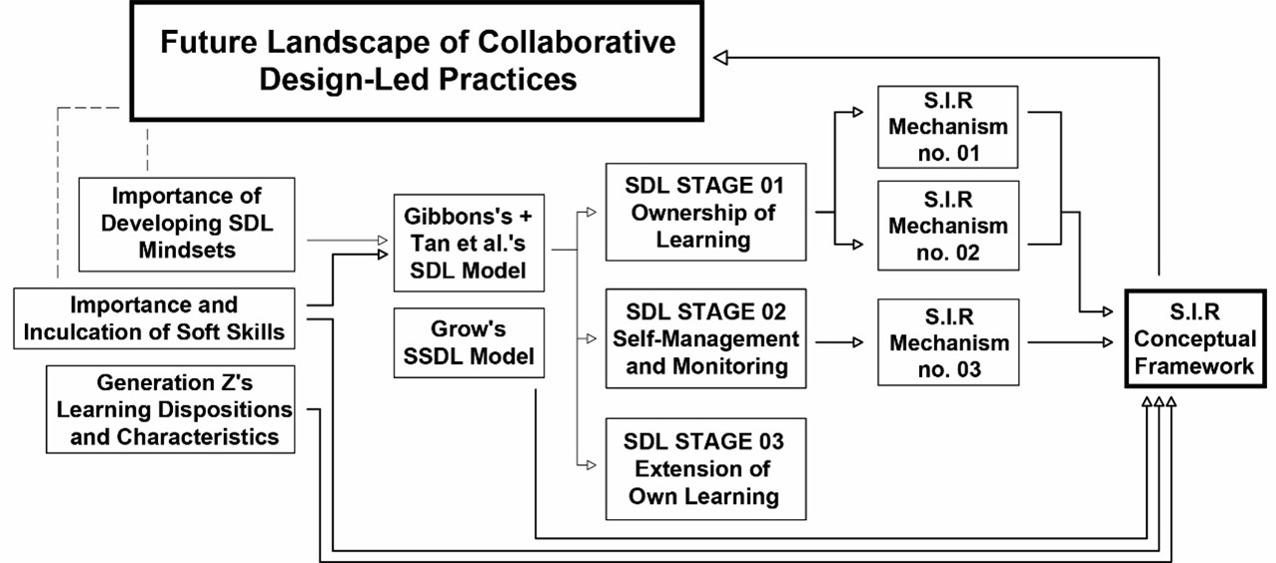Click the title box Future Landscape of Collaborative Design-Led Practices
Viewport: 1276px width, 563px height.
[418, 60]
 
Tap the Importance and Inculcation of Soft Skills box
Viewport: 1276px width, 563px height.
[155, 318]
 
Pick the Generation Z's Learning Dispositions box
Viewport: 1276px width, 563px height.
[170, 409]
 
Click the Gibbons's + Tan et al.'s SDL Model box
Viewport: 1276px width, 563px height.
[470, 243]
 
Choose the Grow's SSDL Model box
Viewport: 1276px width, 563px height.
[470, 342]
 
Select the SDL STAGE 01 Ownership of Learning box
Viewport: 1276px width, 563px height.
[705, 212]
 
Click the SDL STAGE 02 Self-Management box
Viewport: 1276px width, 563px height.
[705, 338]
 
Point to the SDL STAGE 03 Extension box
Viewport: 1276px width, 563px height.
[705, 468]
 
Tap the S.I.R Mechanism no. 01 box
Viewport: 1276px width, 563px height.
[947, 127]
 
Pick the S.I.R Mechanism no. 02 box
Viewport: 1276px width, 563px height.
[947, 226]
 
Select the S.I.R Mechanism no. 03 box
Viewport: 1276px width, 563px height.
[947, 342]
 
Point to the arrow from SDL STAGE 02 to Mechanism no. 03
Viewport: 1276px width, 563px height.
[840, 342]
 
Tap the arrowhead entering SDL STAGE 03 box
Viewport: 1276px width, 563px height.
[592, 465]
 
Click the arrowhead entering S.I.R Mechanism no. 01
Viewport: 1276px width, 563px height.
[858, 114]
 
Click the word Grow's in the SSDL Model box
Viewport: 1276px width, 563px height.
[470, 329]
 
